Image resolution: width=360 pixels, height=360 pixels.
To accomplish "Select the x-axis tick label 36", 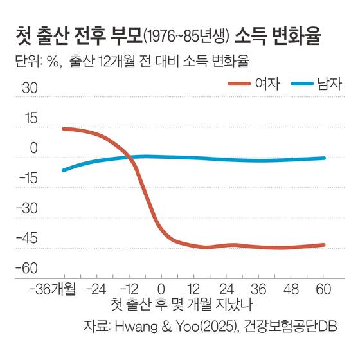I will pos(258,287).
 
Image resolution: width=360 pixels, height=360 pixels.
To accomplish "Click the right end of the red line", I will pos(324,245).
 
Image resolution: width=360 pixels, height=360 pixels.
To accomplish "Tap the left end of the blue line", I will pos(63,170).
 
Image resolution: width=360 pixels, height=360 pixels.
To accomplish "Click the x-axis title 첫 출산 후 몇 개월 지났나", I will pos(182,303).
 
